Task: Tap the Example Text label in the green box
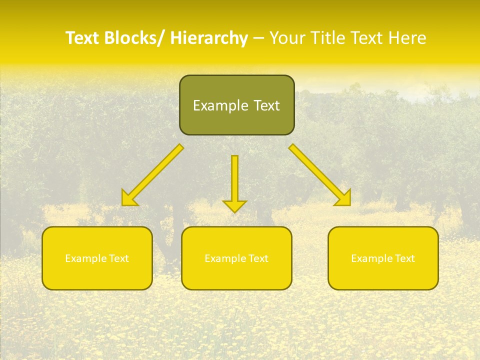[x=236, y=105]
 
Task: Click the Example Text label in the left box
[x=97, y=258]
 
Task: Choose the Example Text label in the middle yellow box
[x=236, y=258]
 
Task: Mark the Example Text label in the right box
[x=383, y=258]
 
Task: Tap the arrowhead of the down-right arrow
[x=344, y=198]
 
